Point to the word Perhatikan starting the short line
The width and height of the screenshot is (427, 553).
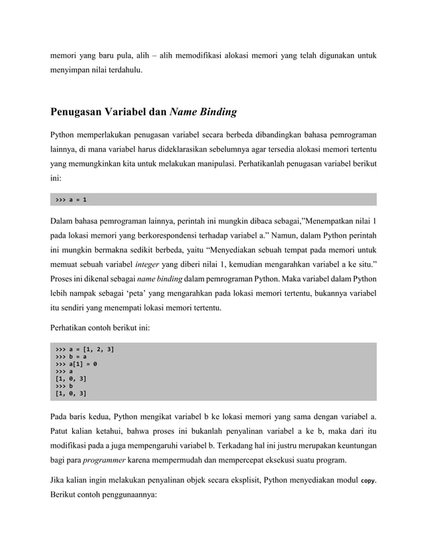(72, 328)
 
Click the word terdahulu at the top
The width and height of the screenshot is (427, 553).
(121, 69)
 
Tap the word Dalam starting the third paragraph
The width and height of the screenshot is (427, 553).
(64, 222)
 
